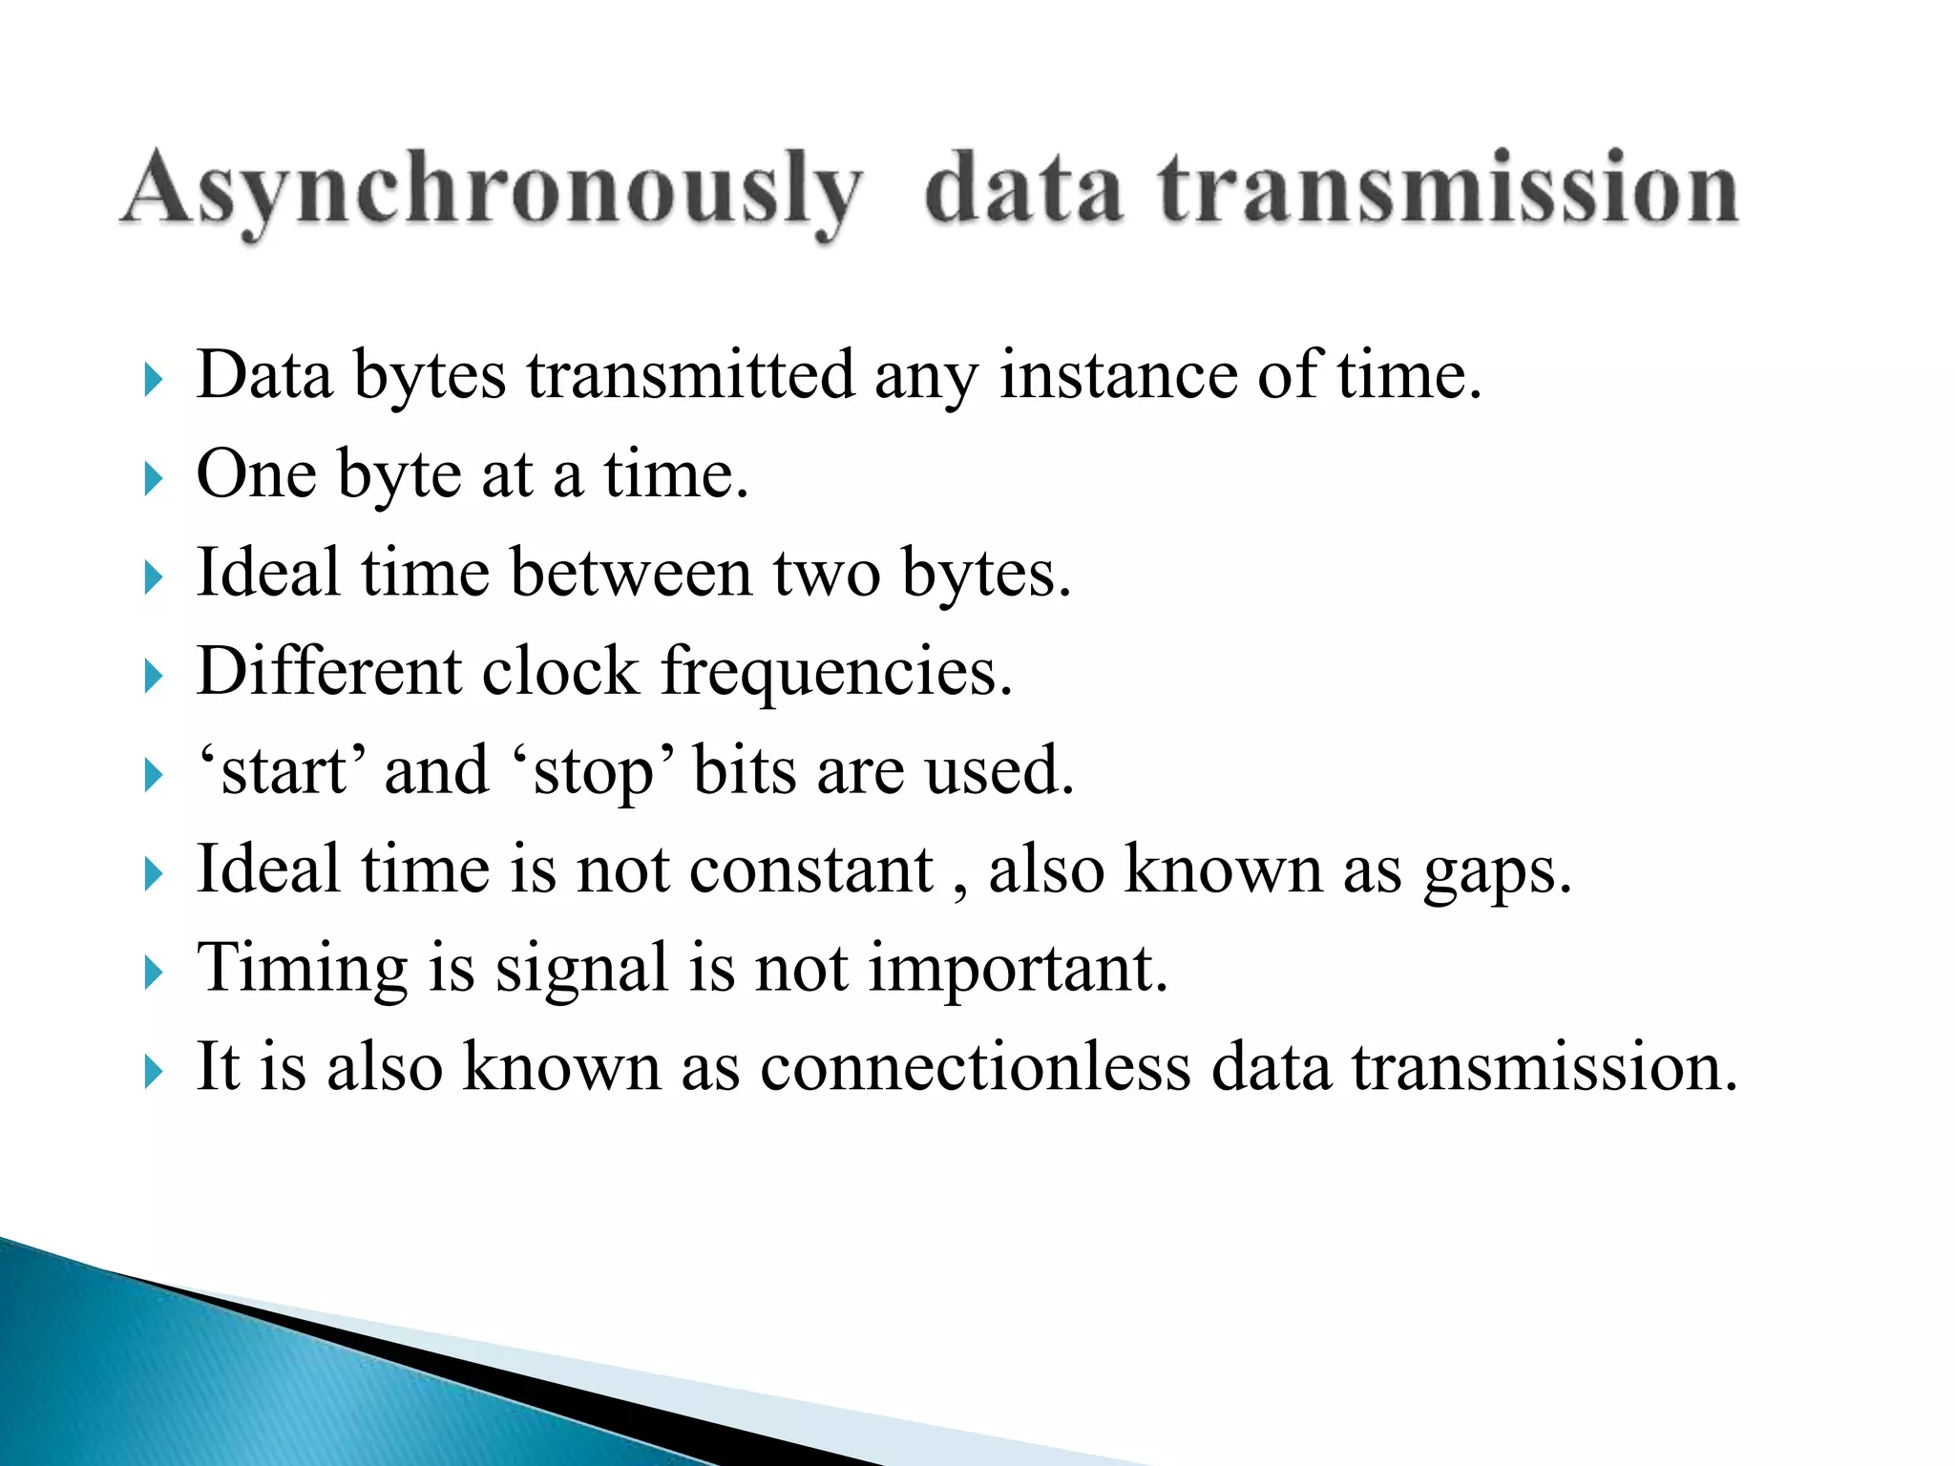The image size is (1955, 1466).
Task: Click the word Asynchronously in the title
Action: [x=492, y=191]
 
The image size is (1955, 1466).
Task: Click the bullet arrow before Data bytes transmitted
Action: [x=153, y=380]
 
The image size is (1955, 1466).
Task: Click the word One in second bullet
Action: [x=256, y=474]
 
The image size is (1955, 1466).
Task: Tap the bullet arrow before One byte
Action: [x=153, y=478]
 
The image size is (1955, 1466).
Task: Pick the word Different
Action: [x=328, y=671]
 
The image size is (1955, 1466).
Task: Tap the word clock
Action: [x=560, y=671]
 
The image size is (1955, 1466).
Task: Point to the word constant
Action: [x=810, y=869]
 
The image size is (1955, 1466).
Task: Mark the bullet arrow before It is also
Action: [x=153, y=1072]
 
